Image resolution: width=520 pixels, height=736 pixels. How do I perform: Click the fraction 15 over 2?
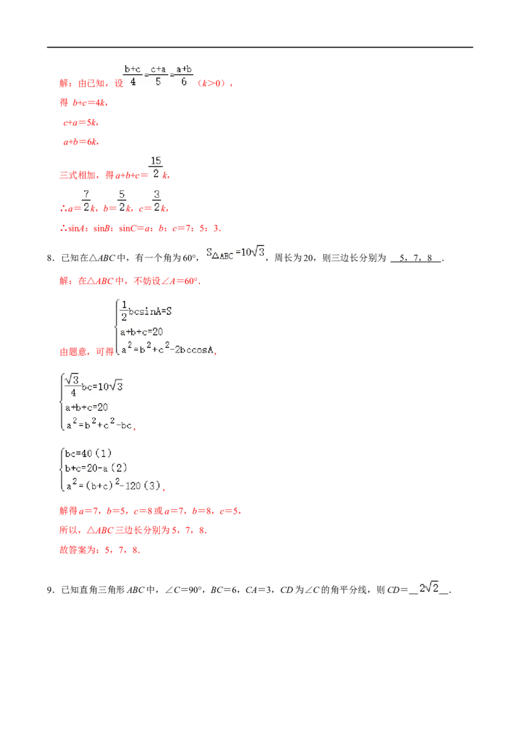click(x=156, y=167)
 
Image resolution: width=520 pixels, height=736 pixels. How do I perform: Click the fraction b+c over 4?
click(x=133, y=75)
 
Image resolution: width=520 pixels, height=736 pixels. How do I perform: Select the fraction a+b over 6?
click(x=184, y=75)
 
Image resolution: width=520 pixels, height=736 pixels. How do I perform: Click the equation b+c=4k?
click(x=90, y=103)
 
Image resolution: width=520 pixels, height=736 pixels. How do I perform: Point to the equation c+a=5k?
click(x=80, y=122)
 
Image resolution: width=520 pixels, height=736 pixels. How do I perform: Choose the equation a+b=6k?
click(x=81, y=142)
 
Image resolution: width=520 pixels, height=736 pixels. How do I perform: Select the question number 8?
click(x=50, y=257)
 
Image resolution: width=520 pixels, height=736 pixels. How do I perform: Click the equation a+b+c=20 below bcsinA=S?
click(x=141, y=332)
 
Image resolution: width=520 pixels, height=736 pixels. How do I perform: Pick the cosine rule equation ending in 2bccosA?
click(x=168, y=348)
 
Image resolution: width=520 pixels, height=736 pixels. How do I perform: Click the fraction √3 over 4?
click(x=72, y=386)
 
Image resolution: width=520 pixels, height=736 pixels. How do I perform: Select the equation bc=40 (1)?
click(x=88, y=453)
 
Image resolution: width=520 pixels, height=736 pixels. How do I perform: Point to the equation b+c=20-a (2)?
click(x=96, y=468)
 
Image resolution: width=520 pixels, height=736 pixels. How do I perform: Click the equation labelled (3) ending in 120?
click(x=113, y=484)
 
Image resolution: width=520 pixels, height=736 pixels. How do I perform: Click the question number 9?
click(x=50, y=590)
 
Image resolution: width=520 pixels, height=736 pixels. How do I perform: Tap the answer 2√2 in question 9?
click(x=429, y=588)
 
